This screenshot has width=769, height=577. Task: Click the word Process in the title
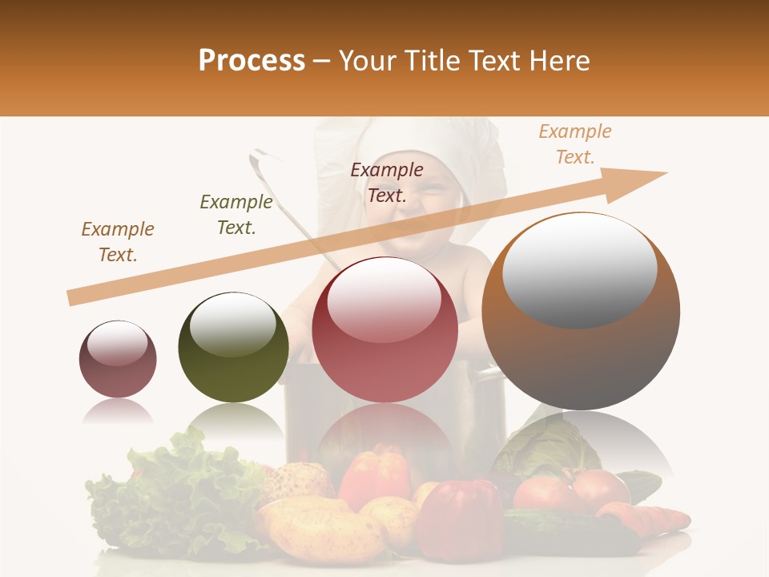252,61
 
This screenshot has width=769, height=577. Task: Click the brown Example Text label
118,242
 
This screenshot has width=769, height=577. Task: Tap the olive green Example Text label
236,215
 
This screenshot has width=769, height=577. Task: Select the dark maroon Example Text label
387,182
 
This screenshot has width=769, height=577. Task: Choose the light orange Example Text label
575,144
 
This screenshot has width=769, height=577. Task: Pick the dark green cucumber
569,533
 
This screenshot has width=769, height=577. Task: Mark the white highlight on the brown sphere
579,270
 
